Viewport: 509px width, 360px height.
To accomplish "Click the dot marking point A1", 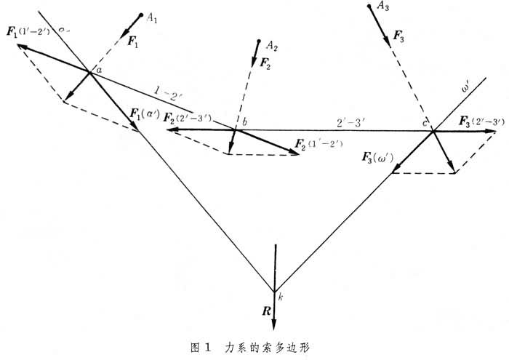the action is pyautogui.click(x=140, y=15).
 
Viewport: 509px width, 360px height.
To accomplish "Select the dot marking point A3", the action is pyautogui.click(x=369, y=6).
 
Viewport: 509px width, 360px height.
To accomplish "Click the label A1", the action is pyautogui.click(x=152, y=18).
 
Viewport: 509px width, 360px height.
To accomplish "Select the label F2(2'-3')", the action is pyautogui.click(x=188, y=117).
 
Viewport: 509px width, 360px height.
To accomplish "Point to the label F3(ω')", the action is pyautogui.click(x=380, y=155).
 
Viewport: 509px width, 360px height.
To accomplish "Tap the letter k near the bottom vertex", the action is pyautogui.click(x=280, y=296).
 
